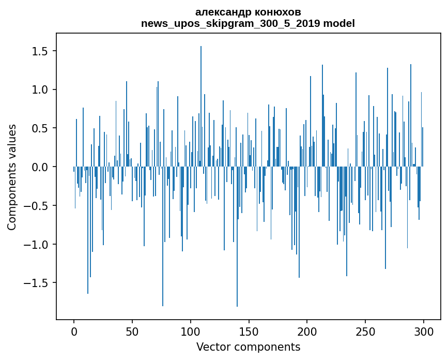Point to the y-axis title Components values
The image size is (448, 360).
11,177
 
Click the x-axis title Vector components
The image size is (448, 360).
248,347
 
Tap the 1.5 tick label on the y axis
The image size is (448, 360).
39,51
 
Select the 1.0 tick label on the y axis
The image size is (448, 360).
39,90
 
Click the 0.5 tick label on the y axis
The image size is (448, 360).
39,128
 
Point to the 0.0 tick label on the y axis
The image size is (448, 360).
39,167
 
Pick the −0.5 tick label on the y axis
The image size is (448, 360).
36,206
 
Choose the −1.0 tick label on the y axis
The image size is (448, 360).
36,245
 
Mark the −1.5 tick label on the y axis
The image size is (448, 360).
36,283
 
